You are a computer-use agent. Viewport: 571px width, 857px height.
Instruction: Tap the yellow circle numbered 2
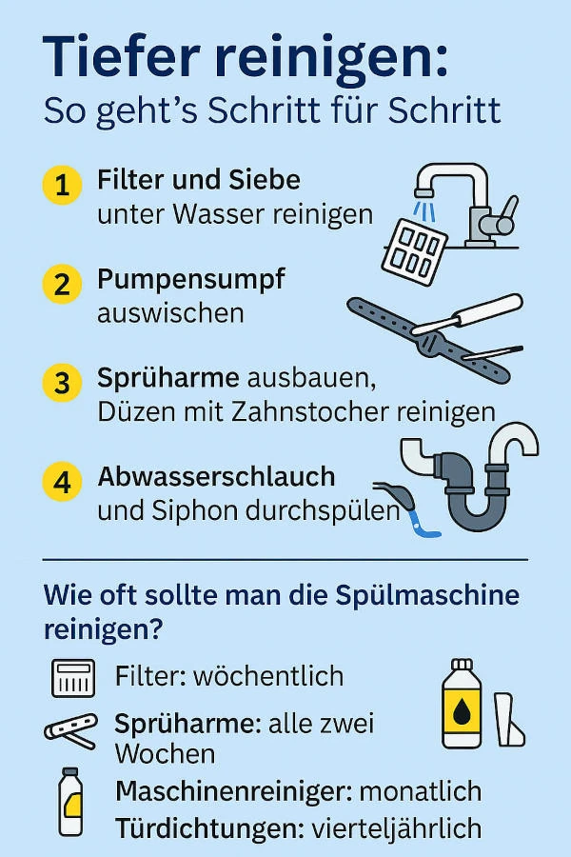62,284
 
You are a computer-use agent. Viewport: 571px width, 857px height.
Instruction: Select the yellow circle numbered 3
62,383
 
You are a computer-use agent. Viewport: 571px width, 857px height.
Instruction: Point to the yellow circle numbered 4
62,481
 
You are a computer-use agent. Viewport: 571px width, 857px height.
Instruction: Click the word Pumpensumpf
190,281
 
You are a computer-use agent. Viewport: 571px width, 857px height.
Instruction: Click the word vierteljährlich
397,828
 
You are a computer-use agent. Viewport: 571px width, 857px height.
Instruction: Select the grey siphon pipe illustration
476,486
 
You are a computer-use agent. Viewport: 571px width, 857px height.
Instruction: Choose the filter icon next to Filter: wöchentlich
73,678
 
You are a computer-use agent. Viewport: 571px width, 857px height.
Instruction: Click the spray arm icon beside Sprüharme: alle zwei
71,731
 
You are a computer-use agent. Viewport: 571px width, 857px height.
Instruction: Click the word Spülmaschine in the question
428,596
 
